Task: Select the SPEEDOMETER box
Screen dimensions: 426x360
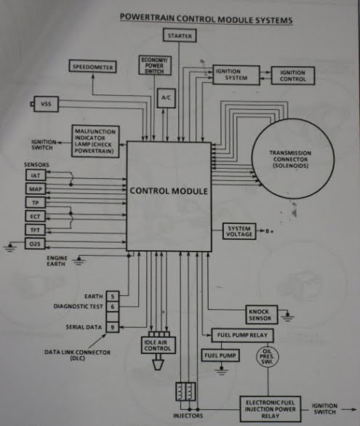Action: click(92, 67)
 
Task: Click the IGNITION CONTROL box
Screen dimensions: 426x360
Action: click(292, 76)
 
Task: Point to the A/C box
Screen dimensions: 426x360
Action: click(167, 96)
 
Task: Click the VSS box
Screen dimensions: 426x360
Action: click(45, 105)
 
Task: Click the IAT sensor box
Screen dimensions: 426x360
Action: click(35, 176)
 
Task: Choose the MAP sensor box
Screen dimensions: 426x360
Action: click(35, 189)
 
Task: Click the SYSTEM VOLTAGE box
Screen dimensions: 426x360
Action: click(239, 231)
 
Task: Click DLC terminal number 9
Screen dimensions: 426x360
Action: click(113, 327)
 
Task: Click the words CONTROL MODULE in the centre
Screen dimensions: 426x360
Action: click(169, 192)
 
